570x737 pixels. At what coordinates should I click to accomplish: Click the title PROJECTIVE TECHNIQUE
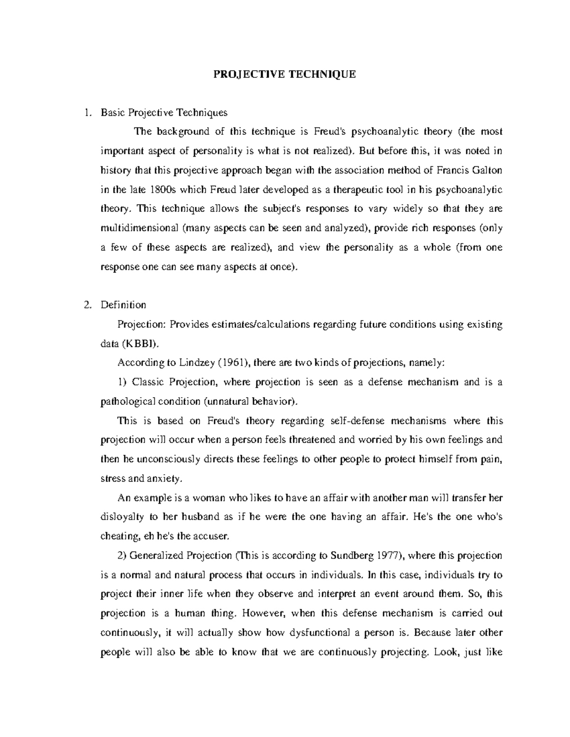click(285, 75)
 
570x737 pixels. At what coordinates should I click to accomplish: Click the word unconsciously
click(168, 459)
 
